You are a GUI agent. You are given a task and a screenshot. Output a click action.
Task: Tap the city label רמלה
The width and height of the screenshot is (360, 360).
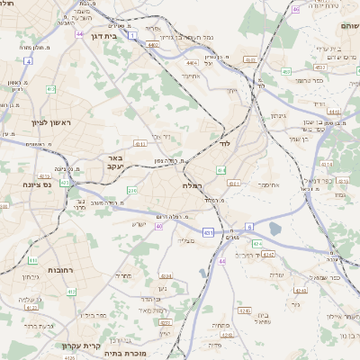192,185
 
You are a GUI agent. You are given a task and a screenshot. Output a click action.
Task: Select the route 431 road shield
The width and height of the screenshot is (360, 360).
208,233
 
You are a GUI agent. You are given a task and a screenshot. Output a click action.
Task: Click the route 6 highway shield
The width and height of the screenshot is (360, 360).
249,228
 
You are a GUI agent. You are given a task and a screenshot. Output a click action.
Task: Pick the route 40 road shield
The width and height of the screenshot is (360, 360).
158,227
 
